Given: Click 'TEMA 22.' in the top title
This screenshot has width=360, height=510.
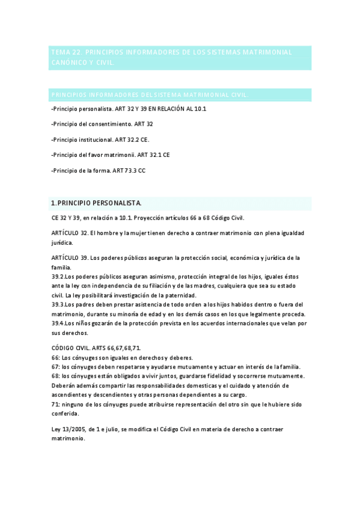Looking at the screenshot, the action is tap(65, 52).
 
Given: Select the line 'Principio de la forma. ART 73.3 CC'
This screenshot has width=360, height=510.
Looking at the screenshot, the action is tap(99, 170).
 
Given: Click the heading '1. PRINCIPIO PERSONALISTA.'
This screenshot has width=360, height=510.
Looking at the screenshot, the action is tap(96, 203).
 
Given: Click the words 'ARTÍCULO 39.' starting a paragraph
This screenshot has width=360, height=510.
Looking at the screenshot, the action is tap(70, 257).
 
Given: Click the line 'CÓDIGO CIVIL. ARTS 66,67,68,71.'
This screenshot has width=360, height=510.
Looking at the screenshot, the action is tap(96, 348).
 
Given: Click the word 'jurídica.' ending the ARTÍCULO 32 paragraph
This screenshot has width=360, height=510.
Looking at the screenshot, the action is tap(62, 243).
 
